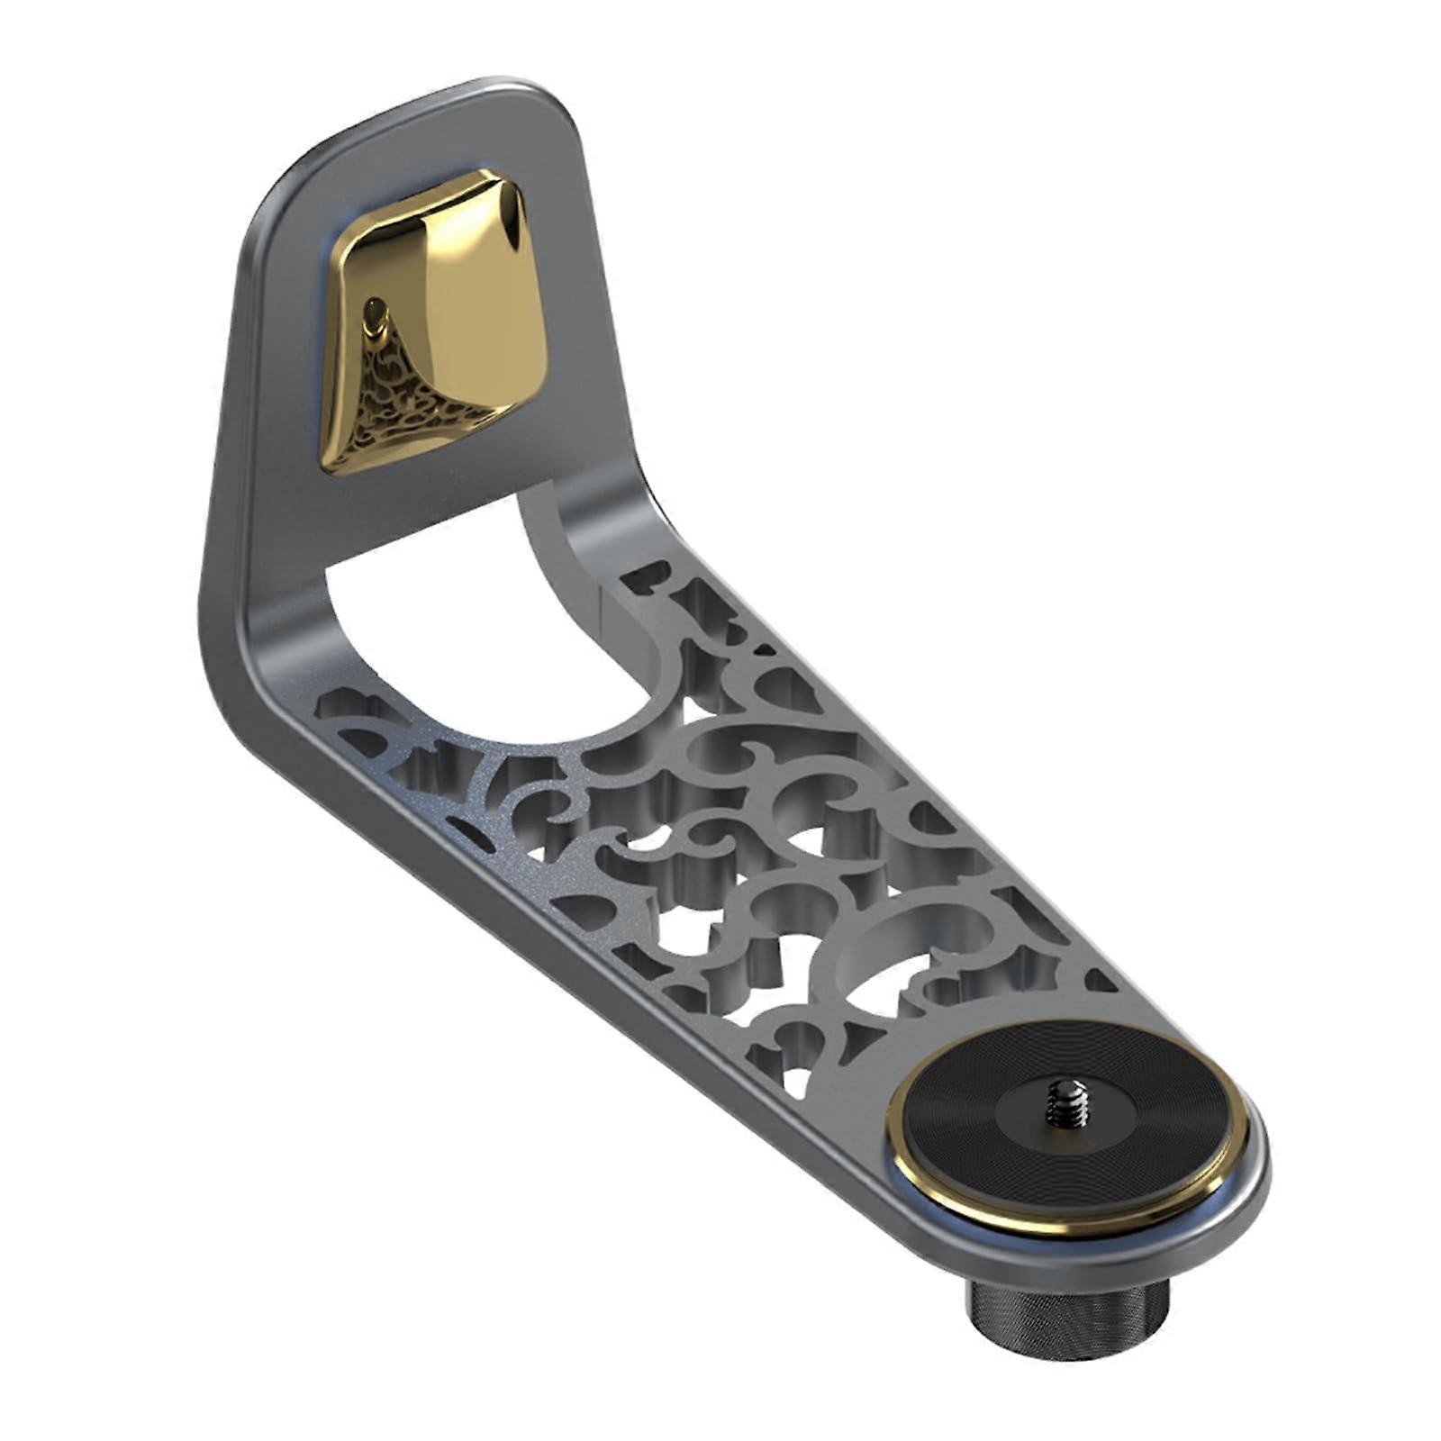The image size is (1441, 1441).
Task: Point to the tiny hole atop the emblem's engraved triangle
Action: (x=376, y=315)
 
